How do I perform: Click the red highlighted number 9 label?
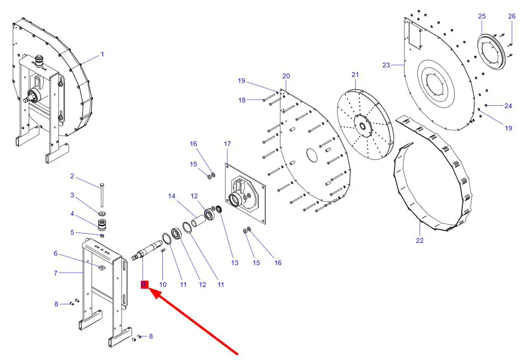pos(144,284)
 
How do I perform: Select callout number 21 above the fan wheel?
pos(356,74)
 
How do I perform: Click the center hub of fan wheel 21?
pos(362,126)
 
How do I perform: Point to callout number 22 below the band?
pos(420,240)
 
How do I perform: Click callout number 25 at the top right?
pos(482,17)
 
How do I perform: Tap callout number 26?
pos(512,17)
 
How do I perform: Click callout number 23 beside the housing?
pos(386,65)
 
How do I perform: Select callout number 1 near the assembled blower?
pos(102,55)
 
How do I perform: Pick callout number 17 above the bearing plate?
pos(227,144)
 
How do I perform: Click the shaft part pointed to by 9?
pos(148,249)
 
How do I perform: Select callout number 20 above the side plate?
pos(286,76)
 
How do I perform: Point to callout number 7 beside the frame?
pos(56,273)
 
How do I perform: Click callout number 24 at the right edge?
pos(508,106)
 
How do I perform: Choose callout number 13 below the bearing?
pos(235,263)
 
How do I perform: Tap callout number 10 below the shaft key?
pos(163,285)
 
